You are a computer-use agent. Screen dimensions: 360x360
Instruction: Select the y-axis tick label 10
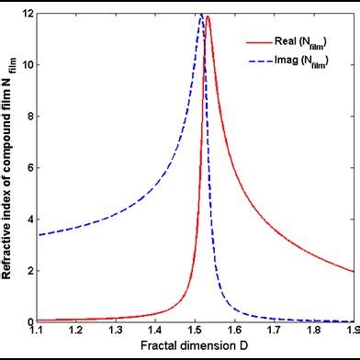coord(28,65)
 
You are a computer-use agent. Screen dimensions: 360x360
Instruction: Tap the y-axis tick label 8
coord(30,117)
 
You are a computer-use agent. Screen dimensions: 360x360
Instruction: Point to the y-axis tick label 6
coord(30,168)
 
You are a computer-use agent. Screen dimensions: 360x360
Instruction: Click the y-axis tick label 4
coord(30,219)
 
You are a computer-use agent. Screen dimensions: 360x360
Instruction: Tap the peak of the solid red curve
coord(208,17)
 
